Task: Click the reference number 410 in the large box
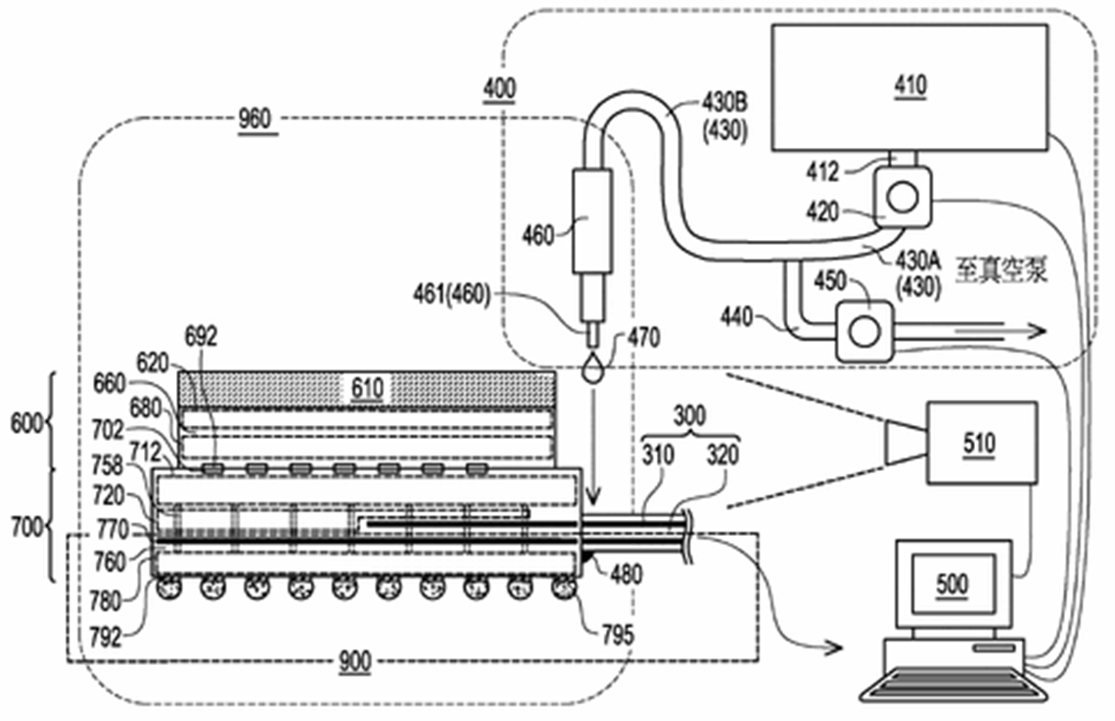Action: pos(910,85)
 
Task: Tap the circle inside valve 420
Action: pos(903,197)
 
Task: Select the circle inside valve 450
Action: pos(864,331)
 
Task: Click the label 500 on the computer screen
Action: pos(952,585)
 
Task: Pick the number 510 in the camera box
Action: pos(979,444)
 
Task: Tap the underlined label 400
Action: pos(499,89)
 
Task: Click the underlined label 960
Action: pos(255,119)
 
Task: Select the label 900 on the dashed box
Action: pos(354,661)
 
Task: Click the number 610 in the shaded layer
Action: pos(367,388)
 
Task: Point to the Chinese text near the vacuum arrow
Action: pos(1000,270)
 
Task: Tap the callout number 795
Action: pos(617,635)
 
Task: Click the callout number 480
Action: pos(626,574)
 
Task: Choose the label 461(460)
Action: pos(451,294)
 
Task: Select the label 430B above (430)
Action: pos(724,103)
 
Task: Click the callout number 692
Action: pos(201,336)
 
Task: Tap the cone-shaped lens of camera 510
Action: pos(906,441)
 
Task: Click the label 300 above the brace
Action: pos(689,415)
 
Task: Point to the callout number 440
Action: pos(736,316)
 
